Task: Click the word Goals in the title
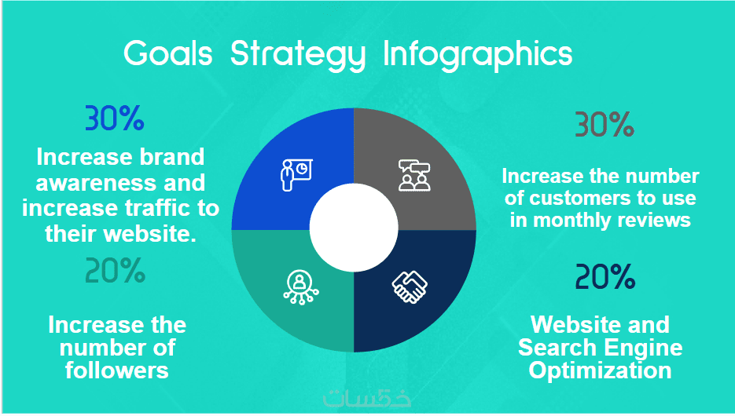click(167, 53)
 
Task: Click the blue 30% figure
click(114, 118)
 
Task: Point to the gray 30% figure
click(605, 125)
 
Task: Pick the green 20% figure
click(116, 271)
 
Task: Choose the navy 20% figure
click(605, 276)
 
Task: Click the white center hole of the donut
click(354, 228)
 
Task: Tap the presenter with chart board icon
click(296, 175)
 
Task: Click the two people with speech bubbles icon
click(414, 175)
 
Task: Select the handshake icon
click(410, 286)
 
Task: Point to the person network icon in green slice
click(300, 287)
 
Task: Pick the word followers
click(116, 370)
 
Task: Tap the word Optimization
click(601, 371)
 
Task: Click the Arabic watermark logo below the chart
click(367, 398)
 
